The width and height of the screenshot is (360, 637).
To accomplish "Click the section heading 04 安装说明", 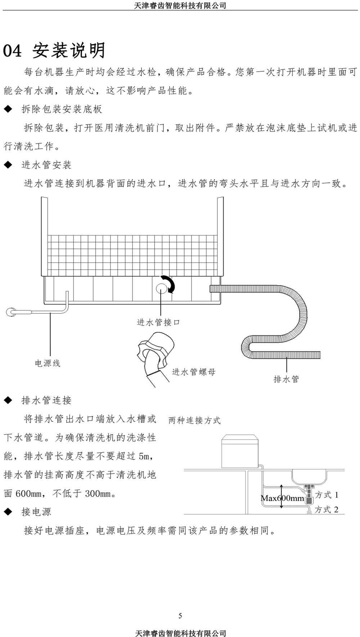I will (54, 50).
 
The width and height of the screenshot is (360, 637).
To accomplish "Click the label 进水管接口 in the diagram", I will (158, 322).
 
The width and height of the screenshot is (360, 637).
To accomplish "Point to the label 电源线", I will (48, 363).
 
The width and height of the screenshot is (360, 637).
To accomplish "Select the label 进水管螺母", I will (194, 372).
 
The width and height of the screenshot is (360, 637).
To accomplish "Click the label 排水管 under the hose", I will (286, 379).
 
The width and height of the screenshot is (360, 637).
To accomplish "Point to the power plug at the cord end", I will (11, 312).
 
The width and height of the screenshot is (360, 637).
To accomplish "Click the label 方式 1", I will (327, 495).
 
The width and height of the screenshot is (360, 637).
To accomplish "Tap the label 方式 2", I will (327, 510).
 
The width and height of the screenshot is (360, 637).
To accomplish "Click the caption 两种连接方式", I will (194, 420).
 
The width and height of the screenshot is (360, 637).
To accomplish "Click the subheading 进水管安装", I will (46, 165).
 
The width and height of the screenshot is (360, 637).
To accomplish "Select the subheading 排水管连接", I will (46, 400).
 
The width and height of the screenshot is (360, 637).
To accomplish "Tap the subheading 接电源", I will (36, 512).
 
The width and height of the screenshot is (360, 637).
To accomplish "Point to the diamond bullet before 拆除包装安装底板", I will (8, 109).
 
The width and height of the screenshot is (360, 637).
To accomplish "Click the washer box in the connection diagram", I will (240, 451).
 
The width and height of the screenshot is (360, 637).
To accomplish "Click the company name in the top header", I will (180, 5).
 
